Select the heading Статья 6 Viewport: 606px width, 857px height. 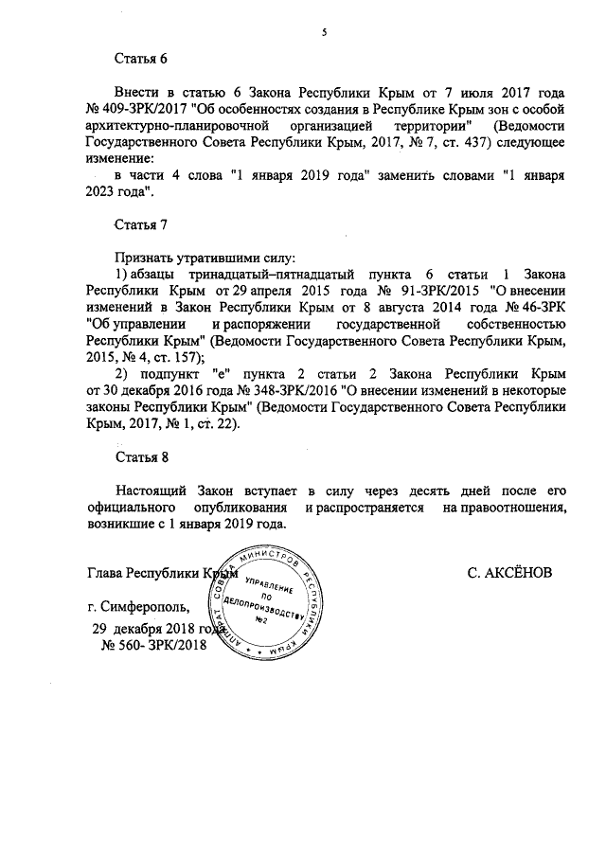click(141, 59)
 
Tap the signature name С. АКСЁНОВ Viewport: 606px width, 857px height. click(509, 574)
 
